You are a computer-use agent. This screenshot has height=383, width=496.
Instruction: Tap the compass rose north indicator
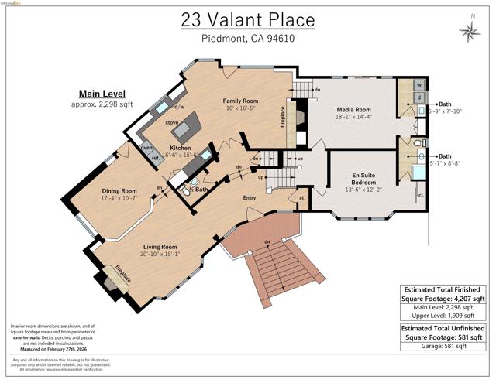pos(469,30)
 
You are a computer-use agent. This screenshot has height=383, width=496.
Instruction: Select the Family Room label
pos(241,101)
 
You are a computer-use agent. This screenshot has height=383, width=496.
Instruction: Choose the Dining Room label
pos(119,191)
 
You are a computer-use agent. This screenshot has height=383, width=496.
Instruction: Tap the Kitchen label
pos(181,147)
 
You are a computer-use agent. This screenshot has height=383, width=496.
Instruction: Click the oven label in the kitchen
pos(146,148)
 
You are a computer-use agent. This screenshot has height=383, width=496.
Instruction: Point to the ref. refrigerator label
pos(155,159)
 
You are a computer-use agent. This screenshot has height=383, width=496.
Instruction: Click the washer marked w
pos(419,85)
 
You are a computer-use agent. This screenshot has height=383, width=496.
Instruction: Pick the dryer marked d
pos(419,98)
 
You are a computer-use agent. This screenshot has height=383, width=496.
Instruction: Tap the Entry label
pos(249,198)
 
